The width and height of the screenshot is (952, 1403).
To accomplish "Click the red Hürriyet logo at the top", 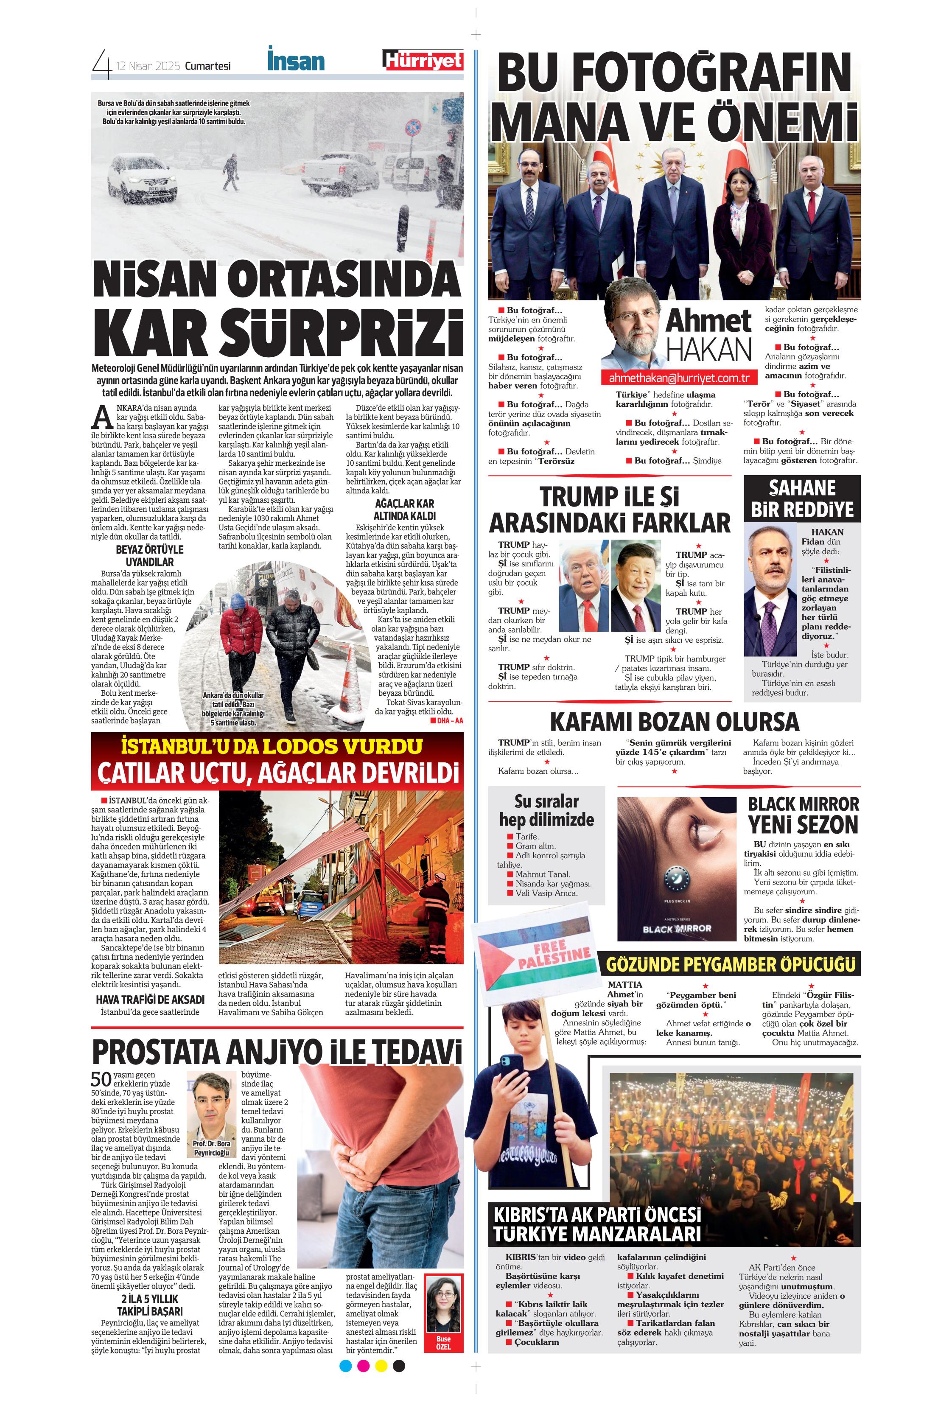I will [x=423, y=60].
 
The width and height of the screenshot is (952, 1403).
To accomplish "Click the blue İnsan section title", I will [x=296, y=60].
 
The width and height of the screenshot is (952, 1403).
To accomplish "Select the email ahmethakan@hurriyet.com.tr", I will [x=678, y=378].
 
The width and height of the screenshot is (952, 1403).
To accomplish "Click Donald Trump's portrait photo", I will [x=583, y=577].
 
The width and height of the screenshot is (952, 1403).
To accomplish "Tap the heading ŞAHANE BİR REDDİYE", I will [x=802, y=498].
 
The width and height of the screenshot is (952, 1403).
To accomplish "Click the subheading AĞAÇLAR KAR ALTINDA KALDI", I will [x=404, y=510].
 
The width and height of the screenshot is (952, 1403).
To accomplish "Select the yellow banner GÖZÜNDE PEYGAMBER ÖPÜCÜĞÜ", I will [x=731, y=964].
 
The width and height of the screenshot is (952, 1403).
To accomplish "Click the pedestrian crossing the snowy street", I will [x=231, y=172].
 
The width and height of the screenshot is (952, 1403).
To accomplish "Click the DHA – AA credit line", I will [x=447, y=720].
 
